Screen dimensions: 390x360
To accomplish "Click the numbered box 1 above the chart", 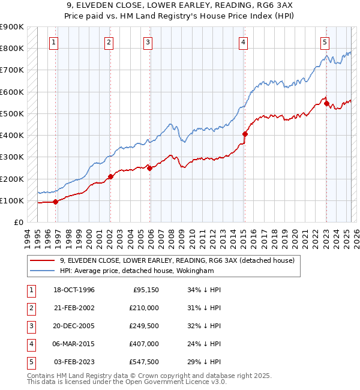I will (x=54, y=42).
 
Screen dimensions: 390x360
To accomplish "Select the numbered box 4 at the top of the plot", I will (x=243, y=42).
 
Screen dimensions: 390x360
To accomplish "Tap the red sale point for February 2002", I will (x=110, y=176).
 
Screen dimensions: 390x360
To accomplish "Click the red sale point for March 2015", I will (x=245, y=134).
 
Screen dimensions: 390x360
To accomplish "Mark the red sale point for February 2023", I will (x=326, y=103).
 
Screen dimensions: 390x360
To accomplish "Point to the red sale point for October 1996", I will (x=56, y=202).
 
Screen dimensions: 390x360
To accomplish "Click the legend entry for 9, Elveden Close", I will (x=177, y=260).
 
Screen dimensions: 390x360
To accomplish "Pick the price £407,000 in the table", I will (x=143, y=344).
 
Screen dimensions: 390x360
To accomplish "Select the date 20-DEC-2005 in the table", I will (x=74, y=326).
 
